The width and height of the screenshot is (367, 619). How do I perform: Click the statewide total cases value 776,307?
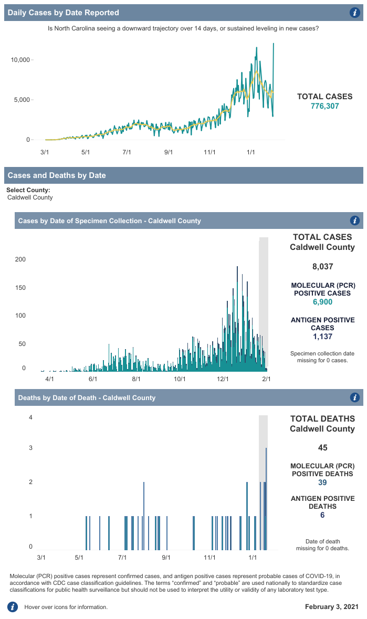[x=325, y=106]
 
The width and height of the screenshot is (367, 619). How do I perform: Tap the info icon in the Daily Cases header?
[x=354, y=13]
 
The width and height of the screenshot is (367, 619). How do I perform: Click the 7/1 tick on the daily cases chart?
[x=127, y=152]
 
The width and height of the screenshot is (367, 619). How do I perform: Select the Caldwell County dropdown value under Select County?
[x=30, y=197]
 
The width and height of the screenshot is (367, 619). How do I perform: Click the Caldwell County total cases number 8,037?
[x=322, y=267]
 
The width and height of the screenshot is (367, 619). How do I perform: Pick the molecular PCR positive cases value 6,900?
[x=322, y=301]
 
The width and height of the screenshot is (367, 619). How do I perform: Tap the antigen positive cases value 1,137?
[x=322, y=337]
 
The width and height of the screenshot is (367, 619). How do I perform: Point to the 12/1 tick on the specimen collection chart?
[x=222, y=379]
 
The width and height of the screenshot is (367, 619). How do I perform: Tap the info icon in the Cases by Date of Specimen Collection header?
[x=354, y=221]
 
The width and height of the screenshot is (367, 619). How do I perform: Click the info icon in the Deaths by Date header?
[x=354, y=397]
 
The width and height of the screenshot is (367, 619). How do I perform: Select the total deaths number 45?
[x=322, y=448]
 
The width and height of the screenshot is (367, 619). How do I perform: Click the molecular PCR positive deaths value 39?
[x=322, y=482]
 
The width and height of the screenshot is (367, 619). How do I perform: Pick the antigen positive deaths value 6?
[x=322, y=515]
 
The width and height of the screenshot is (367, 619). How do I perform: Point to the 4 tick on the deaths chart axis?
[x=31, y=418]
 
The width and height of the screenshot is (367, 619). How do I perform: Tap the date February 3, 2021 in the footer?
[x=332, y=607]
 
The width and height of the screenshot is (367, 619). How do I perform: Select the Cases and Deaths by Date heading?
[x=57, y=175]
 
